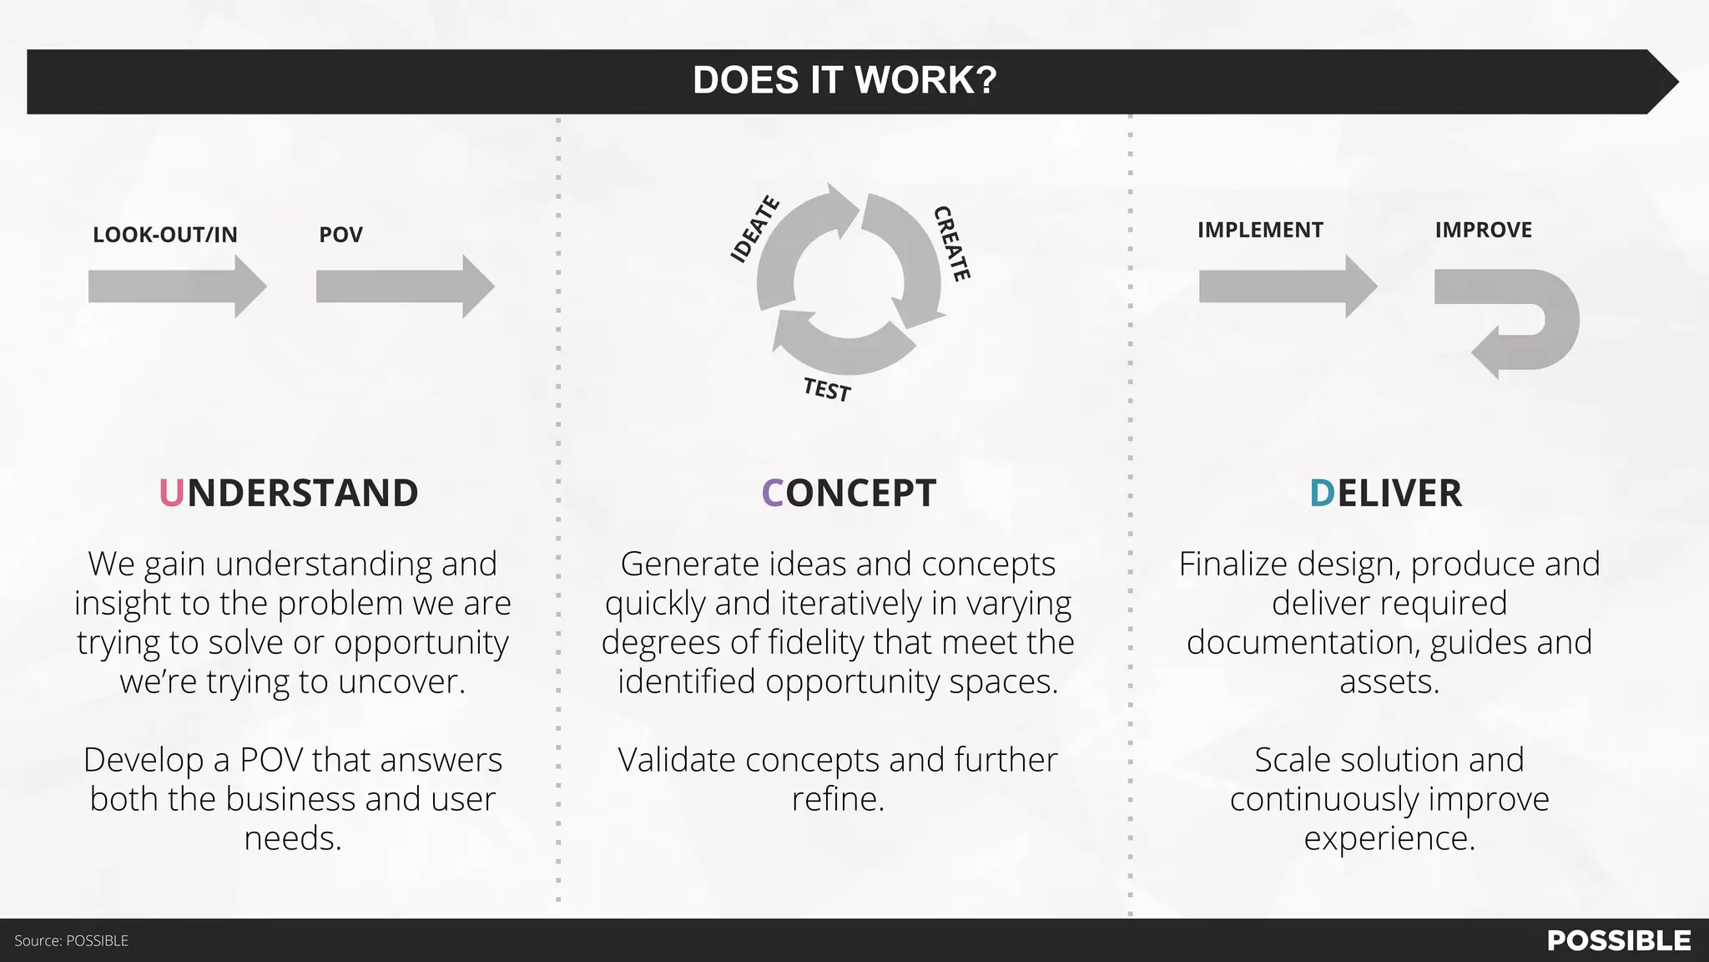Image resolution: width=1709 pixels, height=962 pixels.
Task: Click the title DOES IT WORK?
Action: (x=844, y=80)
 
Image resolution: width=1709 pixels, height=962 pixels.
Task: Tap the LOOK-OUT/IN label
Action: (x=165, y=235)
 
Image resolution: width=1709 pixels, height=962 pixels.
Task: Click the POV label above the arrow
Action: (x=340, y=235)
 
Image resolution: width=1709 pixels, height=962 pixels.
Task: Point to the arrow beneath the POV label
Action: (x=405, y=286)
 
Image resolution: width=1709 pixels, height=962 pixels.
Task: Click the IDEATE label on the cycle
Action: (x=754, y=230)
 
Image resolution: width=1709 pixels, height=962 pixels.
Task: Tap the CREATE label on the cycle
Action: (x=952, y=244)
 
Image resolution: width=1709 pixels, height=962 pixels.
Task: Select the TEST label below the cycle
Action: (x=827, y=390)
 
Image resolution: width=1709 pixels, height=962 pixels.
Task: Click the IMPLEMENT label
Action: (x=1260, y=230)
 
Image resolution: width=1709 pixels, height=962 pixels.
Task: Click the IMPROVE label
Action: (x=1483, y=230)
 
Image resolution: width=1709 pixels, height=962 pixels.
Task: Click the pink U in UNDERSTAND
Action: (x=171, y=494)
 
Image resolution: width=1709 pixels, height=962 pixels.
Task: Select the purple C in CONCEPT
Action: (x=772, y=494)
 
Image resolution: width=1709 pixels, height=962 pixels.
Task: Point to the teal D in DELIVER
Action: (x=1322, y=494)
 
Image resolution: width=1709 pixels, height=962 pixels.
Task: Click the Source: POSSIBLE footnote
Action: (x=72, y=941)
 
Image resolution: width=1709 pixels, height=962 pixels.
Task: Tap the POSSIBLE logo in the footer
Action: (x=1619, y=941)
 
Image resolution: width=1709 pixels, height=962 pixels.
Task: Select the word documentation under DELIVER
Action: (x=1303, y=643)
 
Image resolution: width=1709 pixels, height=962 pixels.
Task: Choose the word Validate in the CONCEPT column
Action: (x=677, y=761)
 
